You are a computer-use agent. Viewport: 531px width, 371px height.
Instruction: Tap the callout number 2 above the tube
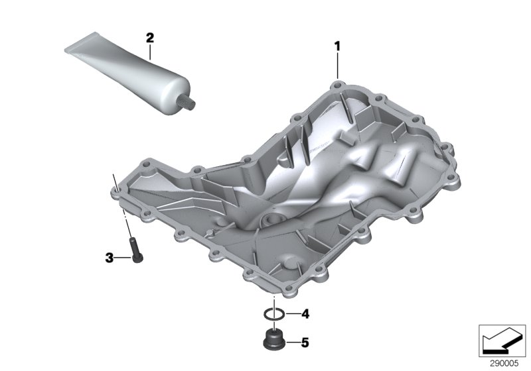pyautogui.click(x=150, y=38)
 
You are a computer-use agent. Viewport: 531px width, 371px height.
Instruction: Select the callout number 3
pyautogui.click(x=110, y=257)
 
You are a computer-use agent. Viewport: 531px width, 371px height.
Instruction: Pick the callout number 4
pyautogui.click(x=305, y=313)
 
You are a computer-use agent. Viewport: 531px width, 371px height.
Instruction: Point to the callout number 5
pyautogui.click(x=305, y=343)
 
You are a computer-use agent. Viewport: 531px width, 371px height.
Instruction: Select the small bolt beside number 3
pyautogui.click(x=137, y=251)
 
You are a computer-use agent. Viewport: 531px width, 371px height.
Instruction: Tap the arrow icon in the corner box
pyautogui.click(x=502, y=339)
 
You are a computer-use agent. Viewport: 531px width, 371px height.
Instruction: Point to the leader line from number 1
pyautogui.click(x=337, y=66)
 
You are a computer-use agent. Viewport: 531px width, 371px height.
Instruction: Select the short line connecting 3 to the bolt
pyautogui.click(x=124, y=257)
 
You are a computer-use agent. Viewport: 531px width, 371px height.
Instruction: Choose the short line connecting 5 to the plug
pyautogui.click(x=291, y=343)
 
